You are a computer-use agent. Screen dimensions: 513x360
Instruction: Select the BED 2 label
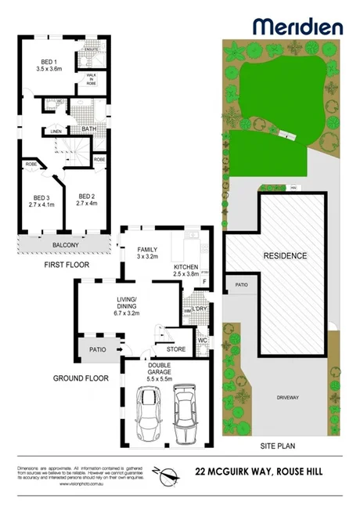(86, 197)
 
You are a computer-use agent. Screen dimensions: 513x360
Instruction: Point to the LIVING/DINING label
(126, 303)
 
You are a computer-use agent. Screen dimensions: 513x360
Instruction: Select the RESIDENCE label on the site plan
(285, 256)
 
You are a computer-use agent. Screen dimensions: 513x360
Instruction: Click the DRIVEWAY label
(287, 398)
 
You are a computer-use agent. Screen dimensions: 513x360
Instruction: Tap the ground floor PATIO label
(98, 349)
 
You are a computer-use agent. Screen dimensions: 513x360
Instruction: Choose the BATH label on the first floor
(88, 129)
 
